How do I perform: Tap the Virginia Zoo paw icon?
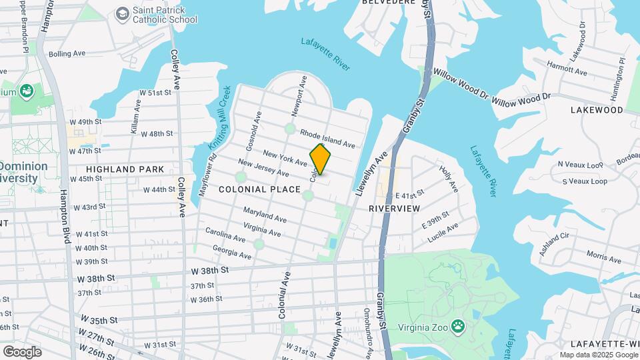[x=458, y=326]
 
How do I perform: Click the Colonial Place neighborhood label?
[x=260, y=190]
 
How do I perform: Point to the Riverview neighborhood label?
[x=395, y=209]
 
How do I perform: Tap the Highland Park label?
[x=125, y=169]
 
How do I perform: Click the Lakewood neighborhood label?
[x=596, y=110]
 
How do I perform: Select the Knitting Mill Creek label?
[x=220, y=117]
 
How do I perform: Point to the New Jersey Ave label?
[x=263, y=168]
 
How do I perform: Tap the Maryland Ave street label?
[x=265, y=215]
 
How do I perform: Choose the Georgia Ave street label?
[x=231, y=251]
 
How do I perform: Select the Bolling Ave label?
[x=67, y=53]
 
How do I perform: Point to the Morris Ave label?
[x=604, y=255]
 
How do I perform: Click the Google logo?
[x=22, y=351]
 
